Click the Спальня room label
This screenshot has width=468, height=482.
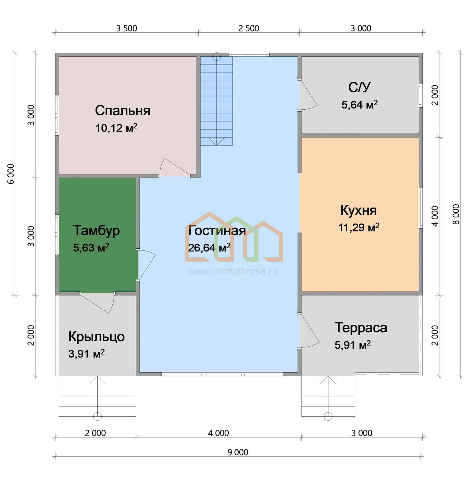tap(123, 111)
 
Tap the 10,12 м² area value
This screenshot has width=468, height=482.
tap(116, 128)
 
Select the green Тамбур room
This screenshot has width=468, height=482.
tap(97, 235)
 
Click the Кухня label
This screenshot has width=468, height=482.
tap(358, 210)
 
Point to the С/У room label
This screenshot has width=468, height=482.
tap(359, 88)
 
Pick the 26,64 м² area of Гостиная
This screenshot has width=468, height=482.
tap(209, 248)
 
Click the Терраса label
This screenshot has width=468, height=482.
tap(361, 327)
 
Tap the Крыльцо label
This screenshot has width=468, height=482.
tap(96, 337)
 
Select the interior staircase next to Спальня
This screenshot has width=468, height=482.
tap(217, 101)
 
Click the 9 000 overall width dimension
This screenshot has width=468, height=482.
tap(238, 452)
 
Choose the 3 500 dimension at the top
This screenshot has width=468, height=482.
tap(127, 28)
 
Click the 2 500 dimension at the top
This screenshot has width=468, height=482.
tap(249, 28)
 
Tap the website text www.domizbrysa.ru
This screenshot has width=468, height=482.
tap(232, 271)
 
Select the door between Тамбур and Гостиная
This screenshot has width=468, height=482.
tap(146, 265)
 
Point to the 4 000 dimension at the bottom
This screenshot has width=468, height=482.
tap(218, 433)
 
